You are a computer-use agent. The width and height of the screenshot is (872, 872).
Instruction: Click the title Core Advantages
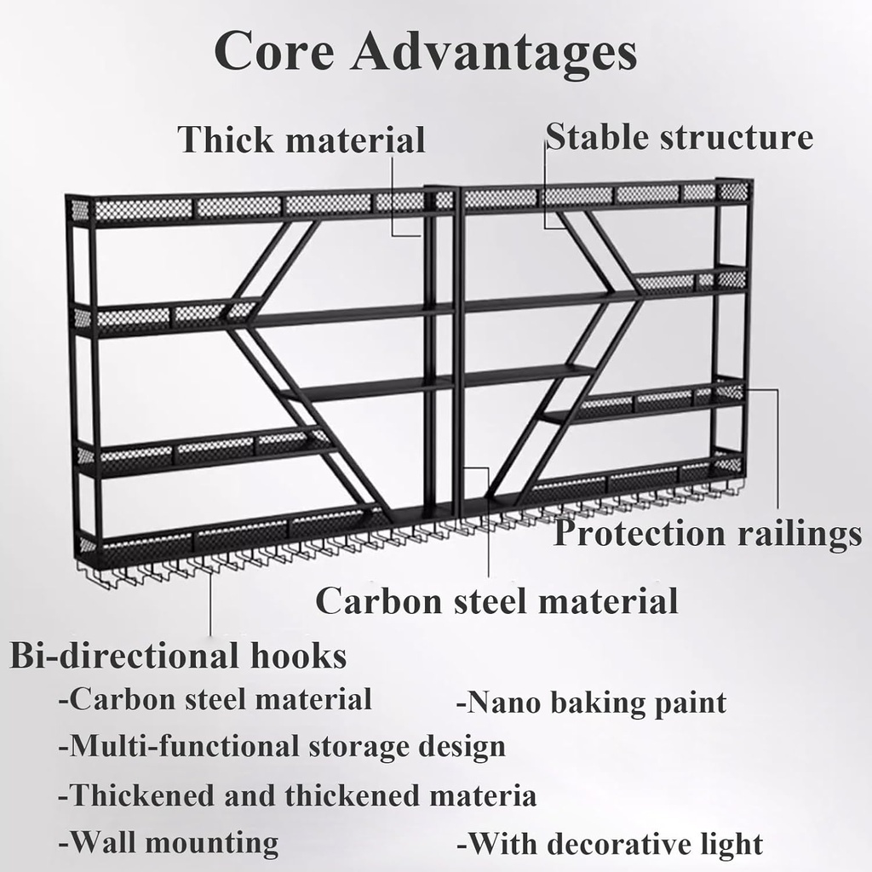(x=425, y=53)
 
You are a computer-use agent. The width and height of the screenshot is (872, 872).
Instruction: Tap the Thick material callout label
(x=301, y=140)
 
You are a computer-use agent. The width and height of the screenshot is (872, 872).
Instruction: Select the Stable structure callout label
(x=679, y=136)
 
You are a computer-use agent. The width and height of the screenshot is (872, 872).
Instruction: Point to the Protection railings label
(x=708, y=534)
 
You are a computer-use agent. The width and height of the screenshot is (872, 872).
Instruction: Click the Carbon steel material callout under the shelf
(x=496, y=600)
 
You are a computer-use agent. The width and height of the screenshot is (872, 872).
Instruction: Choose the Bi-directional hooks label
(x=178, y=657)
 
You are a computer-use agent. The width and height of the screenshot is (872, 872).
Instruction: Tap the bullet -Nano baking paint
(x=592, y=703)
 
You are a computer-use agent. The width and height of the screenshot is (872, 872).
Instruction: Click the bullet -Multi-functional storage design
(x=282, y=747)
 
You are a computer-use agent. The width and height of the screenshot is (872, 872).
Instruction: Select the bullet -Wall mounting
(x=169, y=843)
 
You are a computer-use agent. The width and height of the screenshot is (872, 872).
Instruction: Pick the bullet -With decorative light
(x=610, y=845)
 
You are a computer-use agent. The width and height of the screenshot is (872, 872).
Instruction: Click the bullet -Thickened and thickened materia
(x=297, y=795)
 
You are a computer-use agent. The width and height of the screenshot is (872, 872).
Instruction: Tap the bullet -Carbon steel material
(x=215, y=700)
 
